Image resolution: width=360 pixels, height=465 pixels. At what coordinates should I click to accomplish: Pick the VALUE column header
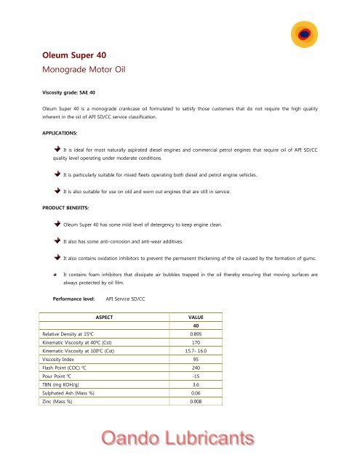click(x=196, y=318)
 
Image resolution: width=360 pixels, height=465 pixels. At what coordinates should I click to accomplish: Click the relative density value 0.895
click(x=196, y=334)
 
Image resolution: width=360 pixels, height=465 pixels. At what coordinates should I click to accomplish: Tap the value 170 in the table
click(x=196, y=343)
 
